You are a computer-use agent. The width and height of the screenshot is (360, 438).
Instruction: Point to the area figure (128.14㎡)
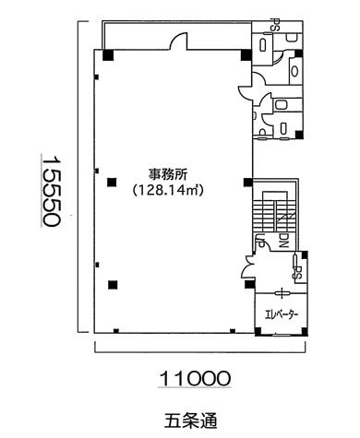pyautogui.click(x=168, y=191)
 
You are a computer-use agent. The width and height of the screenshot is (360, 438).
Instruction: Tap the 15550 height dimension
pyautogui.click(x=50, y=192)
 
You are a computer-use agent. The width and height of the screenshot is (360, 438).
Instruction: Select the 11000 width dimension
pyautogui.click(x=195, y=378)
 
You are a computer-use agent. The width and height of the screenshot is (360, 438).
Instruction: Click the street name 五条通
pyautogui.click(x=191, y=420)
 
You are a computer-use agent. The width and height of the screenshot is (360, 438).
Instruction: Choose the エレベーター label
pyautogui.click(x=282, y=314)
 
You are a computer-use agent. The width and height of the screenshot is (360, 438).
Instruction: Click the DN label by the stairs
pyautogui.click(x=283, y=241)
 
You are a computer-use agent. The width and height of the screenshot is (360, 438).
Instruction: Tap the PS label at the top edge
pyautogui.click(x=272, y=24)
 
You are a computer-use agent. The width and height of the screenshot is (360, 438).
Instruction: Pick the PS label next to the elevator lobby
pyautogui.click(x=298, y=272)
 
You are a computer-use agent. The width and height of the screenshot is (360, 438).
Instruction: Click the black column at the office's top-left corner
pyautogui.click(x=108, y=55)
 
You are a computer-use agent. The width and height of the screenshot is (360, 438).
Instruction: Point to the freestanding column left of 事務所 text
pyautogui.click(x=112, y=183)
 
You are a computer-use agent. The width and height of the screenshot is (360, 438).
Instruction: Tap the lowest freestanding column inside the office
pyautogui.click(x=113, y=285)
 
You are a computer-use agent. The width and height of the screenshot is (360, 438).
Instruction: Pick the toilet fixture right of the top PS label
pyautogui.click(x=292, y=39)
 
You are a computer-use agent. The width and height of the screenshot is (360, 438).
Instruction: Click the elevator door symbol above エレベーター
pyautogui.click(x=282, y=292)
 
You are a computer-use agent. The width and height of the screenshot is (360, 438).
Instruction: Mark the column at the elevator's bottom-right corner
pyautogui.click(x=305, y=332)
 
